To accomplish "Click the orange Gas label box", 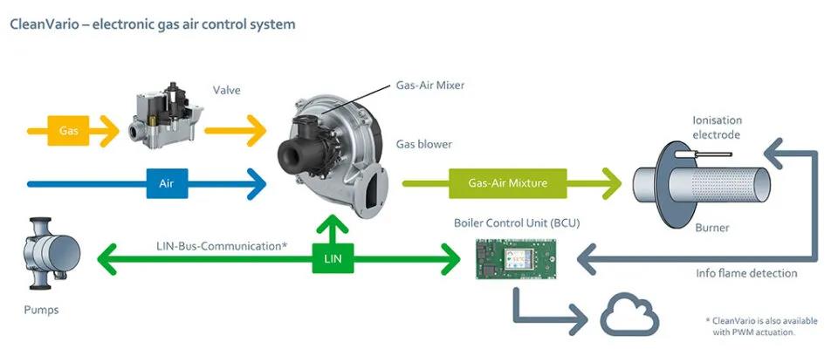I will coord(69,131).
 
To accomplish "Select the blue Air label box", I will coord(167,184).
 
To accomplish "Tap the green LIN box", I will coord(333,257).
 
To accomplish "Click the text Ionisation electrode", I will coord(716,127).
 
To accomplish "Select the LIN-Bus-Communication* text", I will coord(222,246).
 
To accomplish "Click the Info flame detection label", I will coord(746,273).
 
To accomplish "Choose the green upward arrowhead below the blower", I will coord(333,224).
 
